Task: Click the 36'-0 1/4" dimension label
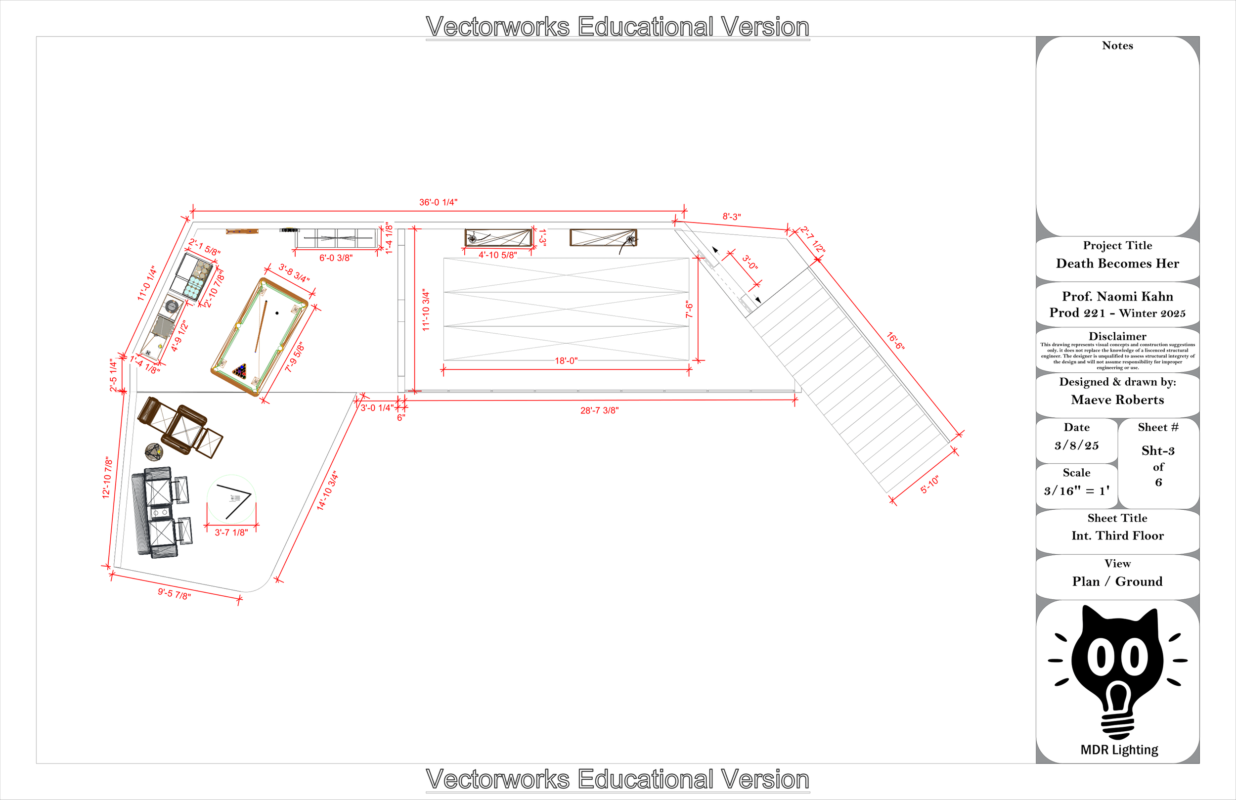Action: pyautogui.click(x=438, y=202)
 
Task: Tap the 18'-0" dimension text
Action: pyautogui.click(x=566, y=360)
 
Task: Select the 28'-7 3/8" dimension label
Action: pyautogui.click(x=599, y=410)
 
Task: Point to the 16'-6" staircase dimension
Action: pyautogui.click(x=895, y=341)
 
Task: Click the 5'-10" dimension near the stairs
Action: pyautogui.click(x=929, y=485)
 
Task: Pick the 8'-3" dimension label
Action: pyautogui.click(x=731, y=217)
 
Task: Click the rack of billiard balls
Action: pyautogui.click(x=240, y=371)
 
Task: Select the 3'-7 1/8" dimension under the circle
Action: pyautogui.click(x=231, y=533)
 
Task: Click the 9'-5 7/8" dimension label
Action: pyautogui.click(x=175, y=593)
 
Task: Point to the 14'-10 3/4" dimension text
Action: pyautogui.click(x=327, y=491)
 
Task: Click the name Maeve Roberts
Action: pyautogui.click(x=1117, y=400)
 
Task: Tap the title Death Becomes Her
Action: pyautogui.click(x=1117, y=264)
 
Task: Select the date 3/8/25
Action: pyautogui.click(x=1076, y=445)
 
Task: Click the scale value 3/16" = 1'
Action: pyautogui.click(x=1076, y=490)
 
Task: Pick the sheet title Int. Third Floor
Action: pyautogui.click(x=1117, y=535)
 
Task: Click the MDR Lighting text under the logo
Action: pyautogui.click(x=1119, y=750)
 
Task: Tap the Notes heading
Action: pyautogui.click(x=1117, y=45)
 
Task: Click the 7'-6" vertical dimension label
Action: pyautogui.click(x=689, y=310)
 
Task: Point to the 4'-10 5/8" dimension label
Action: pyautogui.click(x=497, y=255)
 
